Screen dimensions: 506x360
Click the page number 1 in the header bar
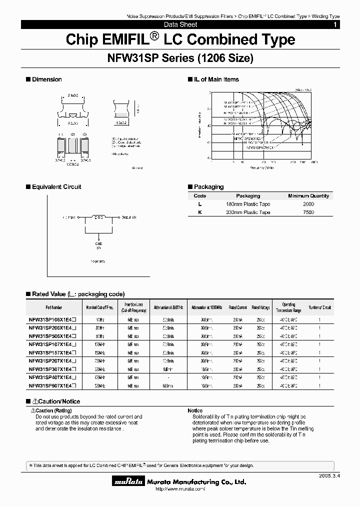pyautogui.click(x=335, y=24)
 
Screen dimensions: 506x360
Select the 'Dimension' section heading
pyautogui.click(x=46, y=79)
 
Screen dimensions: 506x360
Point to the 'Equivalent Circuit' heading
pyautogui.click(x=56, y=187)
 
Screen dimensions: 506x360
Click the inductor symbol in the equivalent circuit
pyautogui.click(x=99, y=217)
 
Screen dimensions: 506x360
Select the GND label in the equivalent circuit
pyautogui.click(x=98, y=243)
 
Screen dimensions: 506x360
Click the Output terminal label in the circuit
pyautogui.click(x=127, y=217)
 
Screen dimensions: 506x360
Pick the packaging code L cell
pyautogui.click(x=199, y=204)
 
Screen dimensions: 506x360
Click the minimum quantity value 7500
pyautogui.click(x=308, y=212)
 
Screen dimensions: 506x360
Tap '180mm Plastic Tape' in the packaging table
pyautogui.click(x=248, y=204)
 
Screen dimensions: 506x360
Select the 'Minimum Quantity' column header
pyautogui.click(x=308, y=196)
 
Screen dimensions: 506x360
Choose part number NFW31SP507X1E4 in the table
pyautogui.click(x=52, y=385)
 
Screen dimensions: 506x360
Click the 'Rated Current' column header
pyautogui.click(x=238, y=307)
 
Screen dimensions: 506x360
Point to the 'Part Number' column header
pyautogui.click(x=54, y=307)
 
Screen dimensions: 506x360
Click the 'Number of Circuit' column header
pyautogui.click(x=319, y=307)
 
